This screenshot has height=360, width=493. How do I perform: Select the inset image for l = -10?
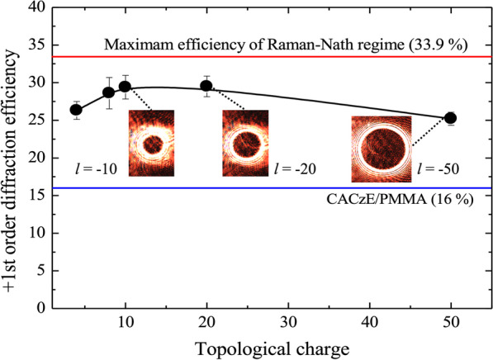(152, 143)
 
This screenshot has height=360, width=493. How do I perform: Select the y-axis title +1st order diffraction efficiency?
(14, 157)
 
